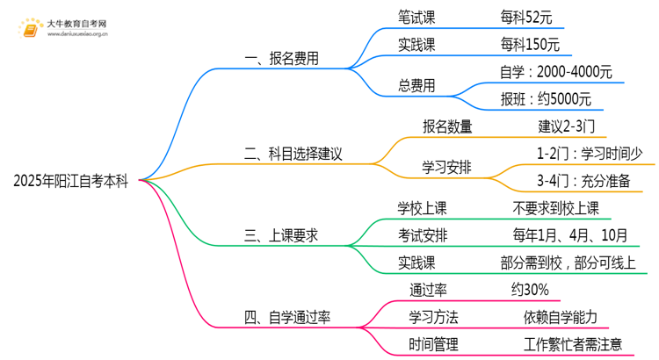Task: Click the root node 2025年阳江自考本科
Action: pos(70,182)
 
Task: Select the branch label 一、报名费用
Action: pos(281,60)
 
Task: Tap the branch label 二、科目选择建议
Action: pos(293,153)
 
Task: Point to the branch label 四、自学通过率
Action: pos(286,317)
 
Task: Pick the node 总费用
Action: pos(416,85)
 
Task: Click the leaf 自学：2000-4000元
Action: pos(554,72)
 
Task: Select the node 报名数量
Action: pos(447,126)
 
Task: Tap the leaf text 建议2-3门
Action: pos(572,126)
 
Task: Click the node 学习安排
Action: pos(447,167)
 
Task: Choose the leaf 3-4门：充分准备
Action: pos(583,181)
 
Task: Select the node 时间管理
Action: pos(433,344)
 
